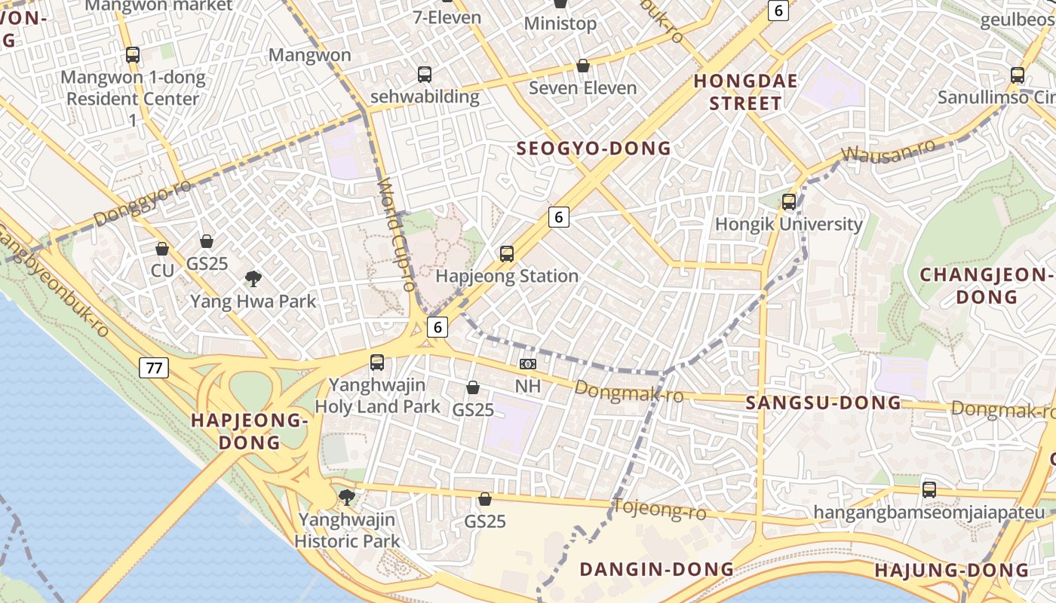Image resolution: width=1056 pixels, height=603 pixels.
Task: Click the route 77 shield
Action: (x=154, y=368)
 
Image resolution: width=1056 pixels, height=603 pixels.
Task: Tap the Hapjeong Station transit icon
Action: (x=507, y=254)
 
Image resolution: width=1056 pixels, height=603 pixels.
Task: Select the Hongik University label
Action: (x=788, y=224)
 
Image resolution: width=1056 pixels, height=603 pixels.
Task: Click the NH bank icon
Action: (x=528, y=364)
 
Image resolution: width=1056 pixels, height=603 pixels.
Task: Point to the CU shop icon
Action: (x=162, y=249)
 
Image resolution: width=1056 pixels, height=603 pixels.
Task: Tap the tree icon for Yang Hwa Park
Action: (x=253, y=279)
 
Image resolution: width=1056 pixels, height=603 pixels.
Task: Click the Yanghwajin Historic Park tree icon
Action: (x=346, y=497)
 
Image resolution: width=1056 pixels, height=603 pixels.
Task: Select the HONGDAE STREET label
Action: (x=735, y=92)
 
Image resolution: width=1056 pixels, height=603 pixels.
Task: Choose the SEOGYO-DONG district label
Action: (x=594, y=148)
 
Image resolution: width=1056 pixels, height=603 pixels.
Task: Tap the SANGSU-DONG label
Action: (x=824, y=403)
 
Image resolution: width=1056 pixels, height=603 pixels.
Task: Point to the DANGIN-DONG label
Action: (x=656, y=569)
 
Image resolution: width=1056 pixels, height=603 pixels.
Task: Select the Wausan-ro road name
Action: (x=888, y=150)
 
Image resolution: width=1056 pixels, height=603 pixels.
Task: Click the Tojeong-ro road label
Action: (x=659, y=510)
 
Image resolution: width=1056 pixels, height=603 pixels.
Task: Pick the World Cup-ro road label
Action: (x=396, y=234)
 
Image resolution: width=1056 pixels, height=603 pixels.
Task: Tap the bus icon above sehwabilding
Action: (x=425, y=75)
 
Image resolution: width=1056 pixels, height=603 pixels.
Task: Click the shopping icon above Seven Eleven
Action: (x=582, y=66)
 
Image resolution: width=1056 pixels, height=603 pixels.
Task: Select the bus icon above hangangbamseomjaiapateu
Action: (x=929, y=490)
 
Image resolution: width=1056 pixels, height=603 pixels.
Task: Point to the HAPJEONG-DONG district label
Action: (x=250, y=431)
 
